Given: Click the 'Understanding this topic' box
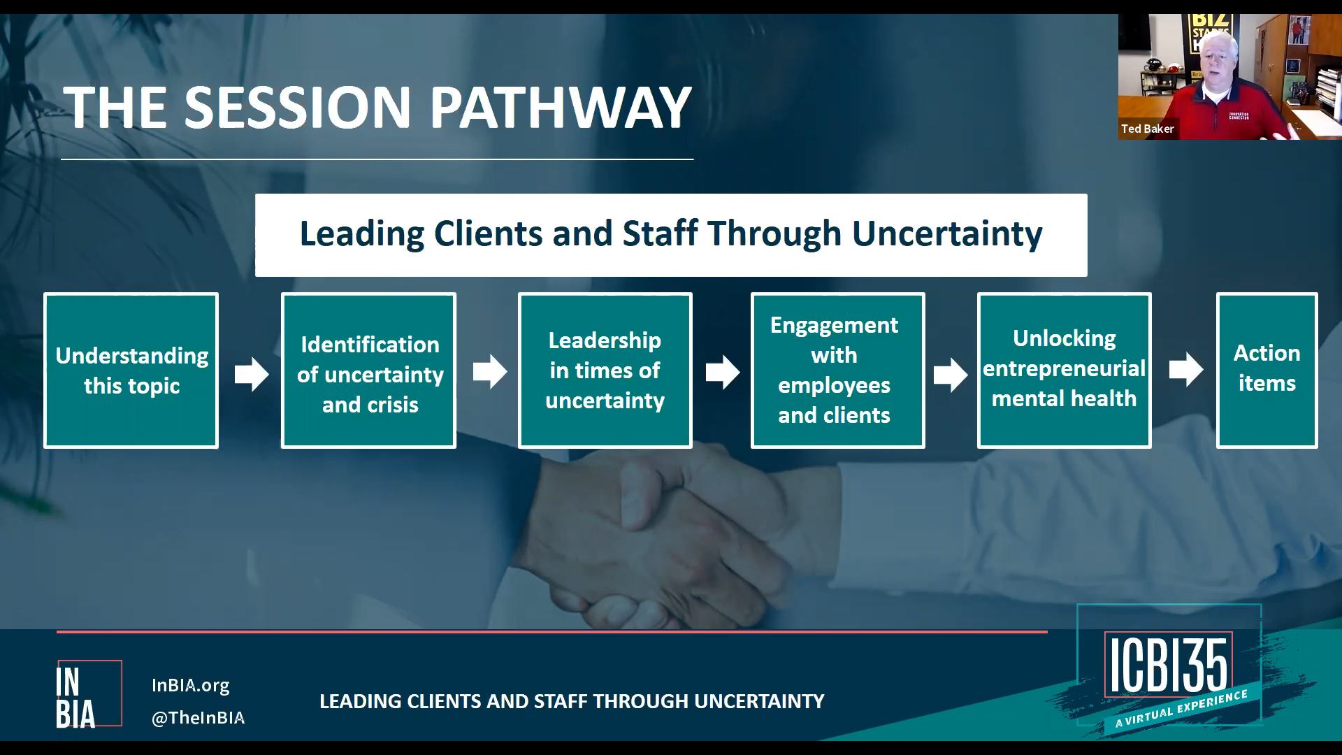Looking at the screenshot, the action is [131, 371].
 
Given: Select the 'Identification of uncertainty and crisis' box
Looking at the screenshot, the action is [368, 371].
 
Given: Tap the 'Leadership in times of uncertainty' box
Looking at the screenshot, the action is [605, 371].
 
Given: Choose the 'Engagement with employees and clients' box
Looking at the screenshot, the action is [838, 371].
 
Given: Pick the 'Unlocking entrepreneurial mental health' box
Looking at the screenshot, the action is [1065, 371].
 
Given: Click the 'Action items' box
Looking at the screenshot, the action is [1267, 371].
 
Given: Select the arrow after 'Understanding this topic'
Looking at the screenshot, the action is [252, 374].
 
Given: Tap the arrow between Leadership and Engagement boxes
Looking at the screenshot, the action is [723, 372].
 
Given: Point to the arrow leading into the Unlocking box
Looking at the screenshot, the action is [951, 375].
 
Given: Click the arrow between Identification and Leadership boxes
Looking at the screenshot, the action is [490, 371].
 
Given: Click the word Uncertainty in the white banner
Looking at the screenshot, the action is [947, 233].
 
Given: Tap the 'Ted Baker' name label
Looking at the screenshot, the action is [1148, 129].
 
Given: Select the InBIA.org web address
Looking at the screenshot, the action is [191, 685].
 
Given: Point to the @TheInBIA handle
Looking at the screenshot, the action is [199, 718].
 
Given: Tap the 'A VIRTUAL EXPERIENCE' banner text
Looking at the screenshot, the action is [1181, 709].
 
